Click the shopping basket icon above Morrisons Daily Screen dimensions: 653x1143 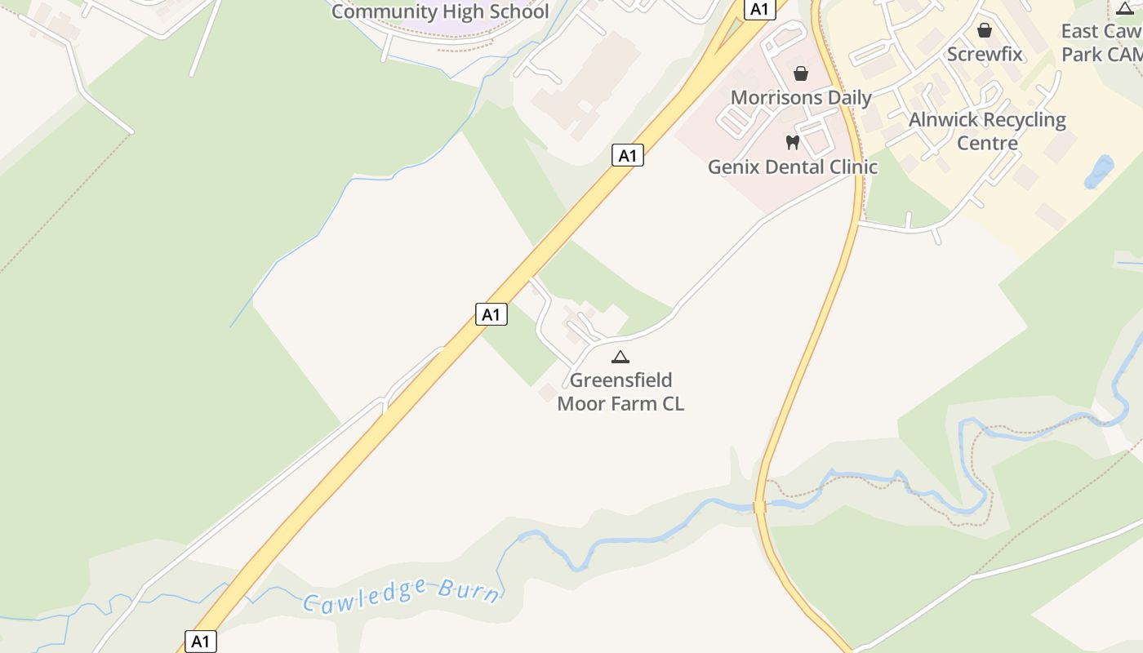801,73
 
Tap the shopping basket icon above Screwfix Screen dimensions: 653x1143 985,30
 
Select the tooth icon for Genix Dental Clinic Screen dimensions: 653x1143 792,143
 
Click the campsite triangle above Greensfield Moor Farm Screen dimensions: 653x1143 620,357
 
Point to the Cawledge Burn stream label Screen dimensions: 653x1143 401,593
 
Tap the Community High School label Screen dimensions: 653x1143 440,11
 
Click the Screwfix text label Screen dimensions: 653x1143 985,54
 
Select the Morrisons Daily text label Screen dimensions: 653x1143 801,97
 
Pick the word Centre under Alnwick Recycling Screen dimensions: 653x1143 987,144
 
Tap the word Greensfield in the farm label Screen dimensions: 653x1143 620,380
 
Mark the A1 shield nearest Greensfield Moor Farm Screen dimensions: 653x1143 491,314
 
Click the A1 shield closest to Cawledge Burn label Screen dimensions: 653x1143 201,642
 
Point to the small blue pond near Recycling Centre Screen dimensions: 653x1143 1099,171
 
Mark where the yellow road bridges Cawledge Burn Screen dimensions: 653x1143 760,506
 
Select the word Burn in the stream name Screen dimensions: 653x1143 469,590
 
